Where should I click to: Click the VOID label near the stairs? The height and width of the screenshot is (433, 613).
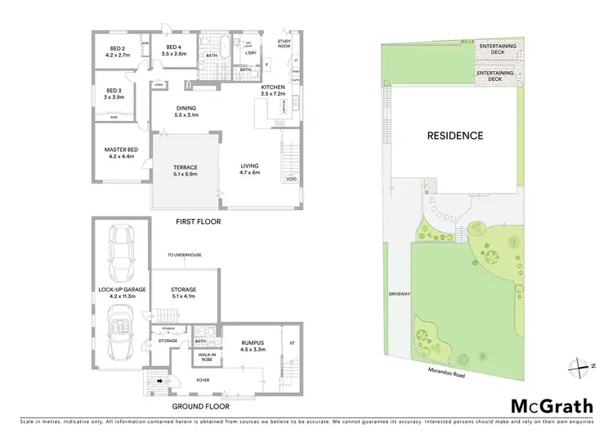click(290, 178)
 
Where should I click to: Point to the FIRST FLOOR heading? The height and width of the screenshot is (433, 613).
click(199, 221)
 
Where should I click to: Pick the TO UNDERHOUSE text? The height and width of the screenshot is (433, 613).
click(184, 255)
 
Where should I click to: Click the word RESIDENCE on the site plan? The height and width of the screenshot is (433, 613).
click(455, 136)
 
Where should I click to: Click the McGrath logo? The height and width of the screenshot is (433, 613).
click(552, 406)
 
